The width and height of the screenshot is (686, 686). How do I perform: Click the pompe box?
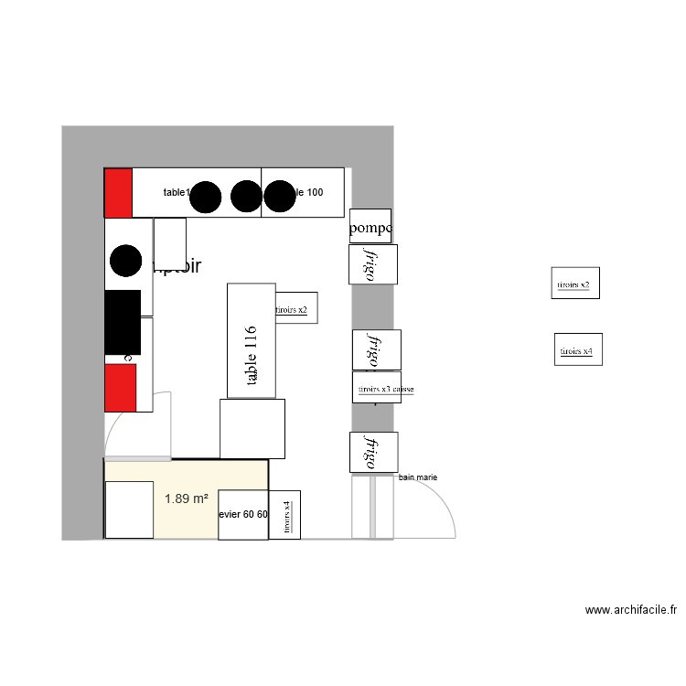pyautogui.click(x=370, y=226)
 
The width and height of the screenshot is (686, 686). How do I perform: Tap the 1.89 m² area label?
pyautogui.click(x=186, y=498)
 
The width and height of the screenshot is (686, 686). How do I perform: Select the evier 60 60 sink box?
pyautogui.click(x=243, y=514)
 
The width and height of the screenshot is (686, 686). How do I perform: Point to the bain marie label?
pyautogui.click(x=418, y=477)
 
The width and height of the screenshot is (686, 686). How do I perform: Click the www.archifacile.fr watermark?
pyautogui.click(x=630, y=609)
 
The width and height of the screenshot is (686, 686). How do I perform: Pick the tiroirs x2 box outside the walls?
pyautogui.click(x=575, y=284)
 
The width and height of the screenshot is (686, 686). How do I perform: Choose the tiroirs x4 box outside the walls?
pyautogui.click(x=578, y=349)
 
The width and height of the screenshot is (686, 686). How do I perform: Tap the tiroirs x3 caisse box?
pyautogui.click(x=377, y=387)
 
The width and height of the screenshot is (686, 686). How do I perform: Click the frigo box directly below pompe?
pyautogui.click(x=372, y=264)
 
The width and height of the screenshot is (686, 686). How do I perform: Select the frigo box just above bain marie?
pyautogui.click(x=373, y=453)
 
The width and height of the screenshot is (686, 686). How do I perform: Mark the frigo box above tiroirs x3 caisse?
pyautogui.click(x=376, y=349)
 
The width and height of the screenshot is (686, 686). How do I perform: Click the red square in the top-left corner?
pyautogui.click(x=118, y=192)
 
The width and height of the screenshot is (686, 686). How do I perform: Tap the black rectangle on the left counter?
pyautogui.click(x=123, y=322)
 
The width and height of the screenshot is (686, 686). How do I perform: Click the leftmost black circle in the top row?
pyautogui.click(x=207, y=196)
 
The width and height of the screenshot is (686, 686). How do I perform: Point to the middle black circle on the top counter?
pyautogui.click(x=246, y=196)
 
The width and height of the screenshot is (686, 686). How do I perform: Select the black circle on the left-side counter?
pyautogui.click(x=125, y=261)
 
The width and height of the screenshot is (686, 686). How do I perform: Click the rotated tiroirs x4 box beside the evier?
pyautogui.click(x=285, y=515)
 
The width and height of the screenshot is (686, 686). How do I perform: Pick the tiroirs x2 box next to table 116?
pyautogui.click(x=295, y=309)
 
